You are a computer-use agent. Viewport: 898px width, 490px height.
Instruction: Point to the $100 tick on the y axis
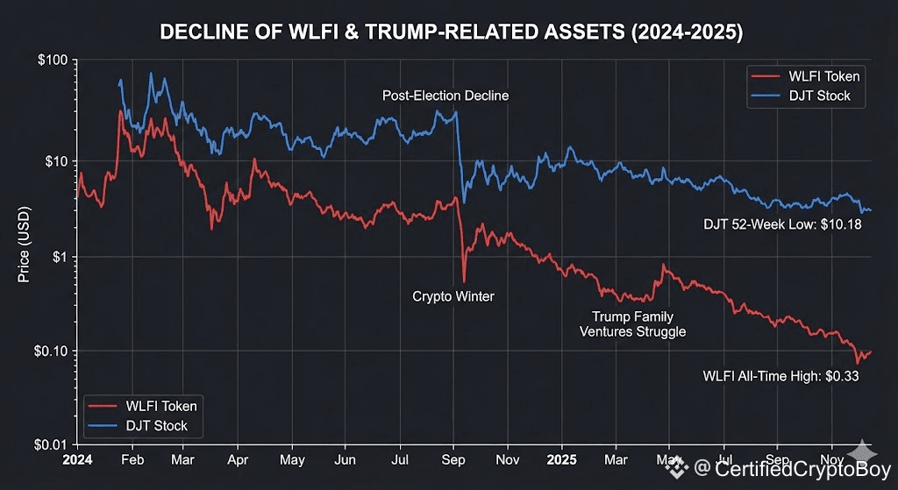click(52, 60)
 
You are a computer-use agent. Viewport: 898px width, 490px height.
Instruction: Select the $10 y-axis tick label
click(55, 161)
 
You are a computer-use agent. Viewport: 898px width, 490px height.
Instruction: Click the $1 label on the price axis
click(59, 257)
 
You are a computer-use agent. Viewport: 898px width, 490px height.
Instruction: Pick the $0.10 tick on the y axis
click(51, 352)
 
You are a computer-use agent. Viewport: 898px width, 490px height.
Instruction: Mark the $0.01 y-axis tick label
click(51, 445)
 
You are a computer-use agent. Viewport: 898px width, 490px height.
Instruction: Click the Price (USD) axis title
click(25, 253)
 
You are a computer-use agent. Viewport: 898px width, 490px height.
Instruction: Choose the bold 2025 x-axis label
click(560, 458)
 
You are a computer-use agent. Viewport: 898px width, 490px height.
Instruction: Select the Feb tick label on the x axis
click(132, 458)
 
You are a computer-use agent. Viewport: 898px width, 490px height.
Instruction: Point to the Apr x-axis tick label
click(238, 458)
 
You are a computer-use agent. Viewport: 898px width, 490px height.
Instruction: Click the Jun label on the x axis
click(346, 458)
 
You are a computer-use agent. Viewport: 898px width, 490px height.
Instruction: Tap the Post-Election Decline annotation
click(445, 96)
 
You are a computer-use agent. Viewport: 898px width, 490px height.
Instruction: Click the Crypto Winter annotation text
click(453, 297)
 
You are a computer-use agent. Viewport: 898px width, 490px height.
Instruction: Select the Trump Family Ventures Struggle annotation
click(632, 323)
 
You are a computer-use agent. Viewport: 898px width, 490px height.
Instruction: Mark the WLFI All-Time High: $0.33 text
click(780, 376)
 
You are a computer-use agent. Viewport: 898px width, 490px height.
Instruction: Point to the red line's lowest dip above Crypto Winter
click(464, 281)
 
